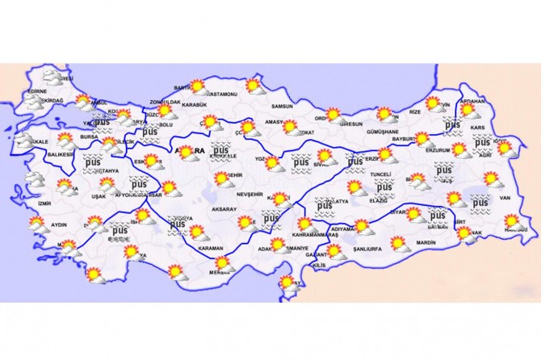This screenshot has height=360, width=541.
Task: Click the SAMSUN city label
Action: tap(282, 106)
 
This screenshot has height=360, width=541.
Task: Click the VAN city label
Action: tap(507, 198)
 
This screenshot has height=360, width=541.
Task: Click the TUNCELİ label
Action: tap(380, 174)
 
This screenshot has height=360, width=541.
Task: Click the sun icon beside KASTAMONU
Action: tap(254, 84)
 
